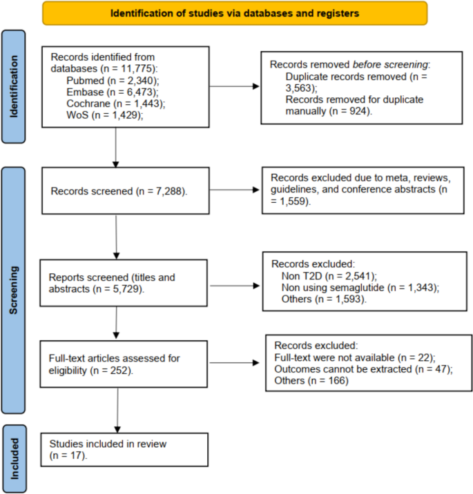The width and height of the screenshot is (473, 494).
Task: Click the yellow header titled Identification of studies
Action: (235, 13)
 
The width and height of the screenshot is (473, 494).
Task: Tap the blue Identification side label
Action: (14, 87)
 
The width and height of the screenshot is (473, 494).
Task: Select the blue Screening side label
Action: (13, 290)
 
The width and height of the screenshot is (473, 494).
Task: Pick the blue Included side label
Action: (15, 458)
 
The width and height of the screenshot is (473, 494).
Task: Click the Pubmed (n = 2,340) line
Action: (113, 81)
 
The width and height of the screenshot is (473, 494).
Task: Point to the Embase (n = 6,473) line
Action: (113, 92)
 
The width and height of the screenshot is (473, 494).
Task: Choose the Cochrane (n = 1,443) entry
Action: (116, 103)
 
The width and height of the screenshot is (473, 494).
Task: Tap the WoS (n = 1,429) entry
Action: (105, 115)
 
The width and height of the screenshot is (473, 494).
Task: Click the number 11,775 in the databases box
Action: (137, 69)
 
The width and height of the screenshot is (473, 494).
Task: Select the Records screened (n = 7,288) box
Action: (126, 191)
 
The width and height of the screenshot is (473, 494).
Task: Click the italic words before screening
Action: (390, 65)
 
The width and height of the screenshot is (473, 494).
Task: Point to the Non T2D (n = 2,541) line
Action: (329, 276)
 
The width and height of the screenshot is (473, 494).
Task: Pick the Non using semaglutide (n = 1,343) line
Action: (360, 288)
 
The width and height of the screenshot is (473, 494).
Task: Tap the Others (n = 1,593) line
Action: (324, 299)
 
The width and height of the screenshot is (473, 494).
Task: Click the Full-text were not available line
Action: (355, 357)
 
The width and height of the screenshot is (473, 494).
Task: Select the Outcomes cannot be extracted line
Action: (364, 369)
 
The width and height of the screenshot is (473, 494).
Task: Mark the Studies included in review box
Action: (124, 450)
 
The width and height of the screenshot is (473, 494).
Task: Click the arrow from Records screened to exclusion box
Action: (234, 190)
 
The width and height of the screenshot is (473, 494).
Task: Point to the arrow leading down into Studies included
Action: (117, 411)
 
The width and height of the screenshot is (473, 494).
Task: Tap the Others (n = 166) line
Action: (311, 381)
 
